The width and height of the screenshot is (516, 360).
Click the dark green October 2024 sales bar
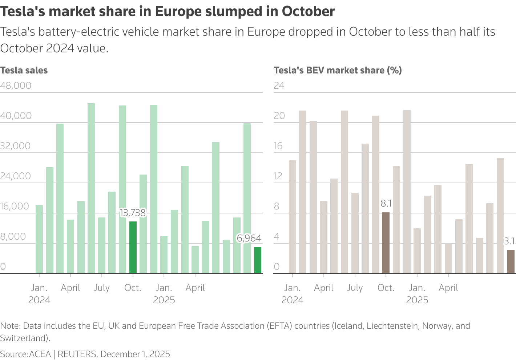(x=133, y=247)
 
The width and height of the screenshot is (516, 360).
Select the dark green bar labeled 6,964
(x=258, y=260)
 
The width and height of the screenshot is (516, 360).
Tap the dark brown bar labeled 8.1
(x=386, y=243)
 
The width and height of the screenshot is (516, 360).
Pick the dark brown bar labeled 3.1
(x=511, y=262)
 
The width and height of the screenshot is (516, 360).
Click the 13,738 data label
(x=133, y=213)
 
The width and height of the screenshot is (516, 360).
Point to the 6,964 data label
(x=249, y=238)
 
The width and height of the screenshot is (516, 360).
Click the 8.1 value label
(x=386, y=204)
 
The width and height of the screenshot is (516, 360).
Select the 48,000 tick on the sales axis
(x=16, y=86)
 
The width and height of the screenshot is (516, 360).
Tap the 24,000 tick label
(x=16, y=176)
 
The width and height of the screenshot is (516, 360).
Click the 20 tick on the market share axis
(x=279, y=116)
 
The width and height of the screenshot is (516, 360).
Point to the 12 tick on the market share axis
(x=278, y=176)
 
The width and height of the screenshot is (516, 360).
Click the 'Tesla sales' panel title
(x=24, y=71)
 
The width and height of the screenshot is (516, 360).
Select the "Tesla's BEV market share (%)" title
(x=338, y=71)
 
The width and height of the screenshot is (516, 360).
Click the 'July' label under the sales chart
(x=101, y=288)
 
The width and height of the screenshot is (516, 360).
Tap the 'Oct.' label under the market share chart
(x=386, y=288)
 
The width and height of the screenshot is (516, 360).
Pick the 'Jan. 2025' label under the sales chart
(x=164, y=294)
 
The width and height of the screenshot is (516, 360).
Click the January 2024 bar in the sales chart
(x=39, y=239)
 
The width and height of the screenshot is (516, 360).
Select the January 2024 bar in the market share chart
(x=293, y=217)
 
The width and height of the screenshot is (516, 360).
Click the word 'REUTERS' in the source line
(x=77, y=354)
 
